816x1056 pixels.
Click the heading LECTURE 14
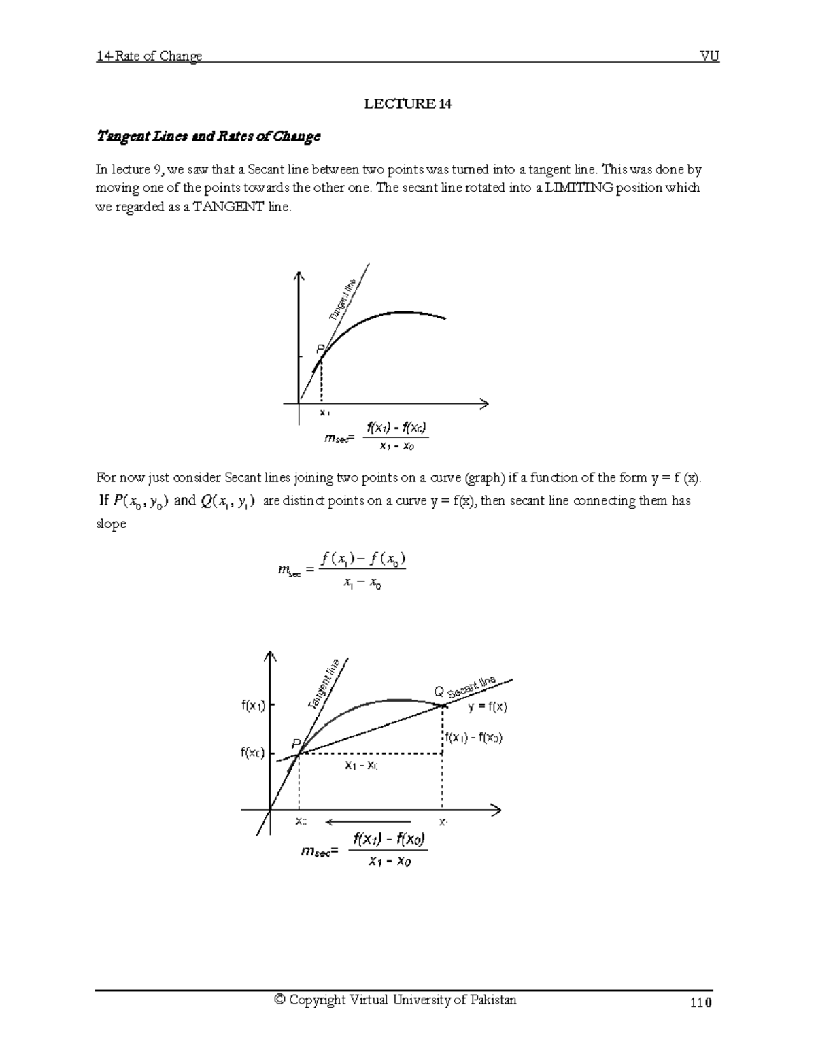407,104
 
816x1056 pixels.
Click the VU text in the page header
709,56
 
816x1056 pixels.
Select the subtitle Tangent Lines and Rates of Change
208,137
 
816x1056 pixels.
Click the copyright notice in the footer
394,1000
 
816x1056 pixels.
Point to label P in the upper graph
321,348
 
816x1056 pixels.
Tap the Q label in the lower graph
439,692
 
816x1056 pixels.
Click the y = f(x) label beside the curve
487,707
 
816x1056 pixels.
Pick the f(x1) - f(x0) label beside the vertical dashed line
474,738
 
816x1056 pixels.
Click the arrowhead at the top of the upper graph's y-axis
298,275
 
